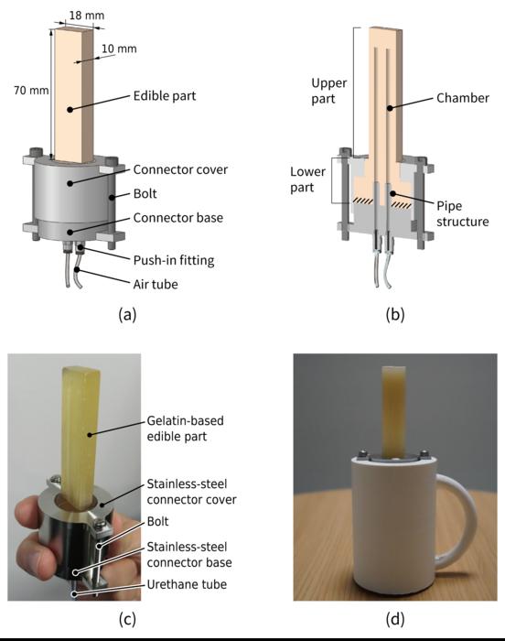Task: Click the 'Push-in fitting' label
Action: [173, 260]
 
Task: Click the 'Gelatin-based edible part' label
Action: [186, 428]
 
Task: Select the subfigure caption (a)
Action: [128, 315]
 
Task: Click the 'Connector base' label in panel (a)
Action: [178, 218]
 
